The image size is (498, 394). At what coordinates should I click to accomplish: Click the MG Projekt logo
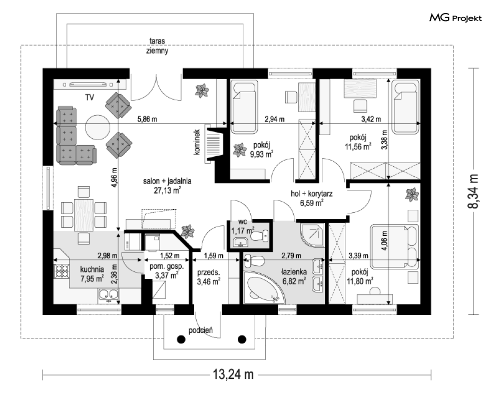[x=455, y=18]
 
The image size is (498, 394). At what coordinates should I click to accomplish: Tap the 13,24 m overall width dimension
[x=233, y=374]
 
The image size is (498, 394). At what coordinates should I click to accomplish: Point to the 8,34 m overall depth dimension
[x=473, y=191]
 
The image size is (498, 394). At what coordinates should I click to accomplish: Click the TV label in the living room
[x=90, y=98]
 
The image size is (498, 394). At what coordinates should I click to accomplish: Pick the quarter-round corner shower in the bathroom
[x=312, y=235]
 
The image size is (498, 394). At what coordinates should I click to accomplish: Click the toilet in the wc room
[x=260, y=236]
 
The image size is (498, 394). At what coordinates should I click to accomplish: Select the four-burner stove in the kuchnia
[x=62, y=270]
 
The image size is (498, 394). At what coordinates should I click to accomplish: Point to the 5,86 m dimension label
[x=147, y=120]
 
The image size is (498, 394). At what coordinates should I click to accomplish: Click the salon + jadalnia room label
[x=167, y=181]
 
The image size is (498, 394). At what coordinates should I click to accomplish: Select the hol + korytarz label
[x=312, y=194]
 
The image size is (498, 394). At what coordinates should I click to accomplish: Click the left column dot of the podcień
[x=181, y=339]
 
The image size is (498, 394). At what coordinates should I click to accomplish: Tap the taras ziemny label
[x=157, y=46]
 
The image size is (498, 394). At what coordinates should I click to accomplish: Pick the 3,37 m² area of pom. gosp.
[x=167, y=275]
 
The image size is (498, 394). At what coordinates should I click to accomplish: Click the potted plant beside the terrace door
[x=201, y=90]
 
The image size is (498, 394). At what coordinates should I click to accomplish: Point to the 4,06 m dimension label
[x=384, y=240]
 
